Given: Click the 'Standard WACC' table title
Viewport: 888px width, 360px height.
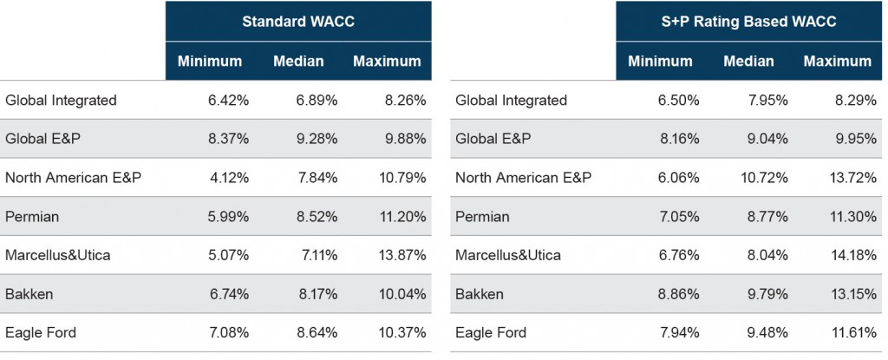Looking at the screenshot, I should click(298, 22).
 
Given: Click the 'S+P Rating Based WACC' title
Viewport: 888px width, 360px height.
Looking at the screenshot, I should click(748, 22).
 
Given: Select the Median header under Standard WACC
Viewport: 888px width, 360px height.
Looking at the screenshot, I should click(298, 62).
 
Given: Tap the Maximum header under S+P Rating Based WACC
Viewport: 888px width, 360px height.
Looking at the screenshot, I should click(837, 62).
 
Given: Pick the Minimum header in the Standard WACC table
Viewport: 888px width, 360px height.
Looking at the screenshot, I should click(210, 62).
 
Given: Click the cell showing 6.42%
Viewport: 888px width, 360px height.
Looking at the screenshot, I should click(228, 101).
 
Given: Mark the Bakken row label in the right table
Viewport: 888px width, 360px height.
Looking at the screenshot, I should click(480, 294).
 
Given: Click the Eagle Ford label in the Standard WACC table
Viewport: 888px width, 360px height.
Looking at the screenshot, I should click(40, 332).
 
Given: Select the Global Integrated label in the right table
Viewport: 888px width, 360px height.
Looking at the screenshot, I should click(511, 101).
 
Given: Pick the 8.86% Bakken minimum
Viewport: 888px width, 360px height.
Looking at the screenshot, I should click(679, 294).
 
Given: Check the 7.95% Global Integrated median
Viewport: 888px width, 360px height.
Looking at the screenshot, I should click(767, 101).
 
